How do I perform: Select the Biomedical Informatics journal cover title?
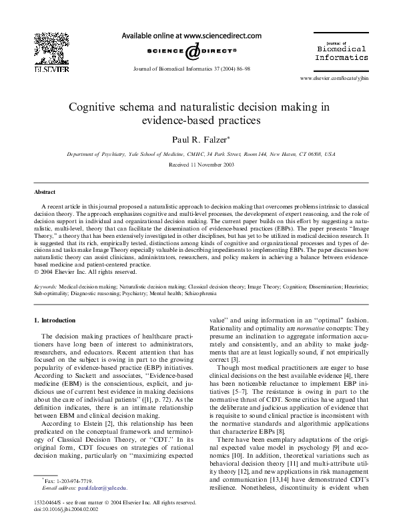(x=340, y=53)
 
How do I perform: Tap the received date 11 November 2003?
(x=198, y=164)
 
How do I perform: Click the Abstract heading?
(x=45, y=191)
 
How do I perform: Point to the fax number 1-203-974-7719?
(x=66, y=480)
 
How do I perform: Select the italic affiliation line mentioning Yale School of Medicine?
(x=198, y=154)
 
